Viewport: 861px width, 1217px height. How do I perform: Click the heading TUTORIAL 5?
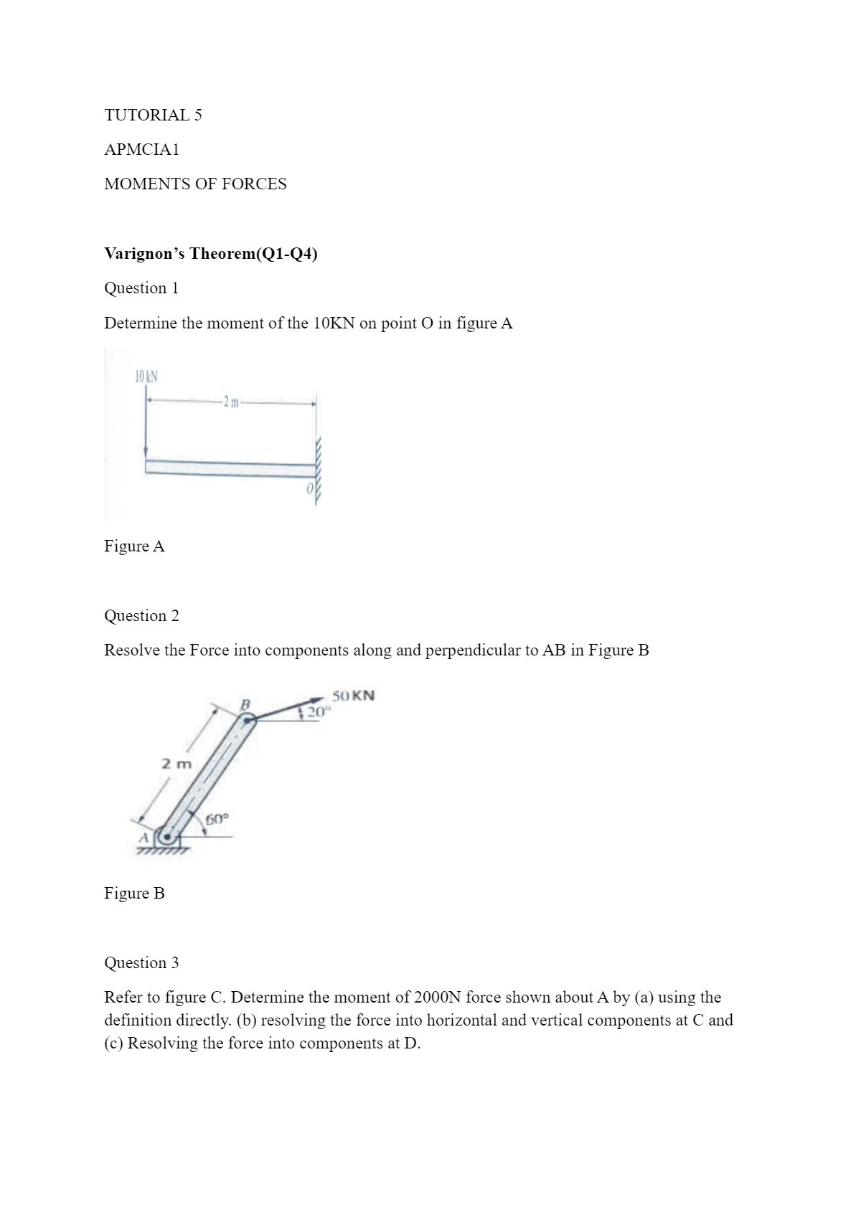[153, 115]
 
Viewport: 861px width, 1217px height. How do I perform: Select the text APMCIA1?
[141, 149]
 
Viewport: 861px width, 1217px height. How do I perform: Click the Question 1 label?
[141, 288]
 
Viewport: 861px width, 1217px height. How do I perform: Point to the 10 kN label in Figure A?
[146, 376]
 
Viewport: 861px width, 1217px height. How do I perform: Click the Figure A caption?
[134, 546]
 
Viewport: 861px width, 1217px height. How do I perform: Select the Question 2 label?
[141, 615]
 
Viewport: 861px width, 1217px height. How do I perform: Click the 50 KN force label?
[353, 695]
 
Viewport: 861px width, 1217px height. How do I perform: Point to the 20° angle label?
[317, 712]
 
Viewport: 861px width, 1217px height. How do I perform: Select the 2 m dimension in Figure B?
[177, 764]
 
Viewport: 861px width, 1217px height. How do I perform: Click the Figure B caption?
[134, 893]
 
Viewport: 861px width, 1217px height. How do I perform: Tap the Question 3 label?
[141, 962]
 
